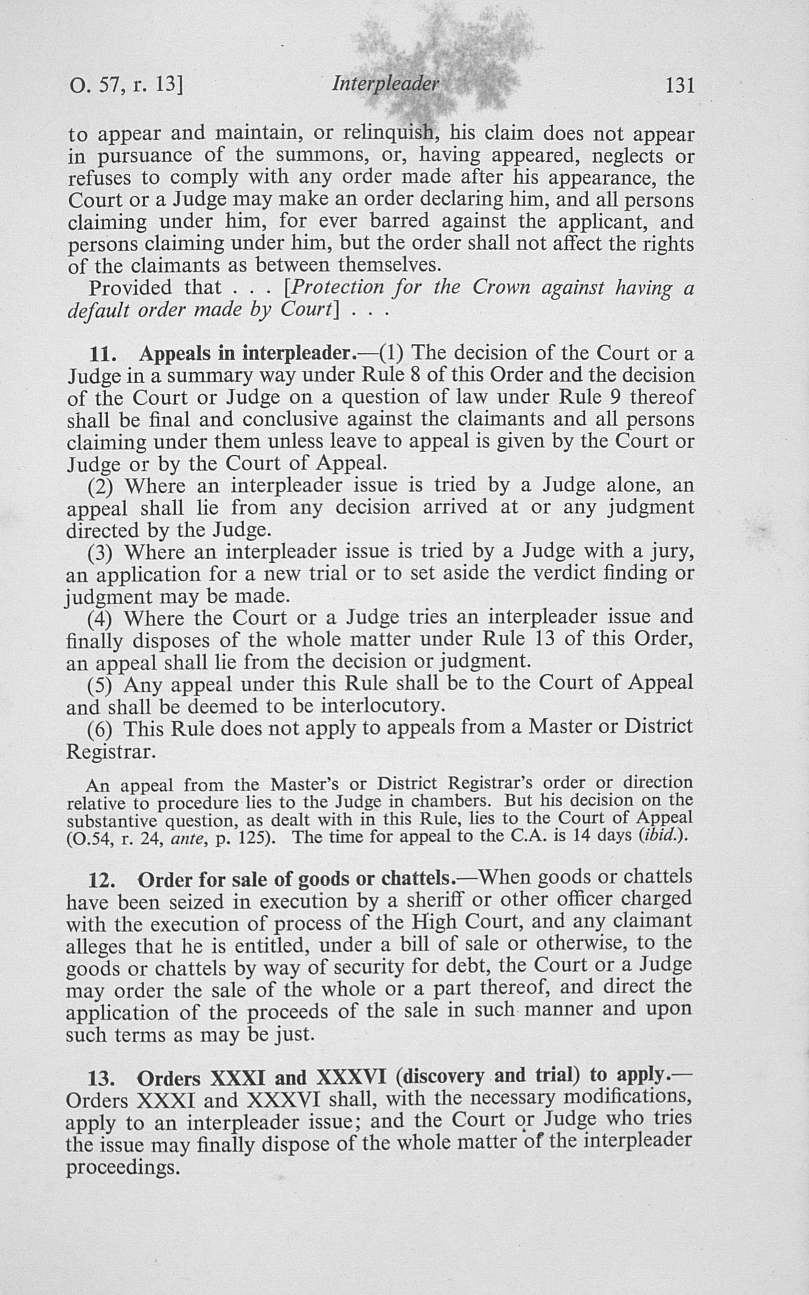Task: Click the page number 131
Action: [679, 85]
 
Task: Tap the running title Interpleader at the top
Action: [385, 84]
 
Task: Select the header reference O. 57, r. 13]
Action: [126, 86]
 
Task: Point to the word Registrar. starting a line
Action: [111, 753]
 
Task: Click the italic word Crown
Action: [502, 288]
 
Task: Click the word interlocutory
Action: [383, 707]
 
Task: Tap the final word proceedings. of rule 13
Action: [122, 1167]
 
